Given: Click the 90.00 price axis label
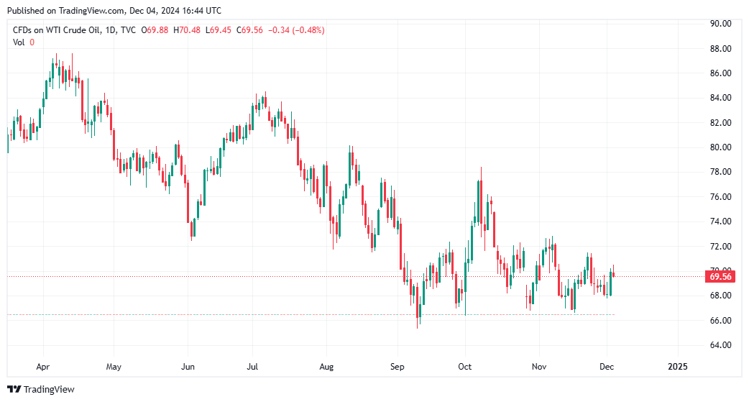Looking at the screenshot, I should [x=720, y=24].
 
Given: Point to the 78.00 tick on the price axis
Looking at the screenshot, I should [x=720, y=172].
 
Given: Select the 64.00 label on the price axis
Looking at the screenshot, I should [x=720, y=345].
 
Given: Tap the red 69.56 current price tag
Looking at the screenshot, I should [x=720, y=276].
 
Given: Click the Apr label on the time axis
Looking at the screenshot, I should [x=43, y=366].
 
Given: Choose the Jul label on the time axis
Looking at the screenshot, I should [x=253, y=366].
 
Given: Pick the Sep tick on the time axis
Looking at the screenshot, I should [x=398, y=366].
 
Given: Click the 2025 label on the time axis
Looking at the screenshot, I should [x=677, y=366].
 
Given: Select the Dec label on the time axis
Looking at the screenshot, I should [x=606, y=366].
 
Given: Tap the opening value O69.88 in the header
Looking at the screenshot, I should [x=155, y=30].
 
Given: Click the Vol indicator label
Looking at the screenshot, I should [x=19, y=42].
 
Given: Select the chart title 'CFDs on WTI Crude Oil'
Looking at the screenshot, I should [x=55, y=30].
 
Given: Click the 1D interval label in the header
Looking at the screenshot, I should [x=109, y=30].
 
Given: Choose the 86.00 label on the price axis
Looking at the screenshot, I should [x=720, y=73].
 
